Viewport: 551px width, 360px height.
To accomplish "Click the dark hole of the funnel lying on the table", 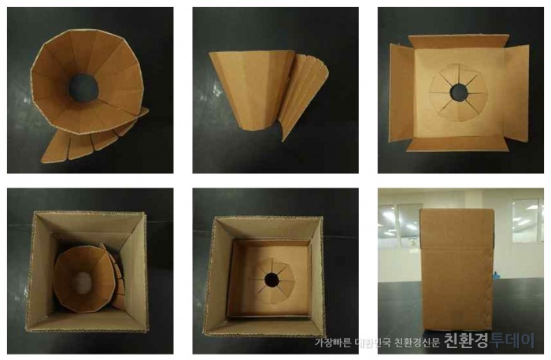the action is (x=83, y=87).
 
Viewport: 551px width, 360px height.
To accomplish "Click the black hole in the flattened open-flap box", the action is (x=459, y=92).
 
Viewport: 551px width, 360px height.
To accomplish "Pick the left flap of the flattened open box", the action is (x=401, y=94).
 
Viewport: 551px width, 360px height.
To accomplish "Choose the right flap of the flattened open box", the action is (x=516, y=94).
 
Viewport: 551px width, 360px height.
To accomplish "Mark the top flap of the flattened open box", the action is (x=459, y=42).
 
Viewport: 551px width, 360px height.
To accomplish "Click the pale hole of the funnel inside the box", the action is (x=82, y=283).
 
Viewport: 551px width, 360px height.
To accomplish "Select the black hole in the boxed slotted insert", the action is (x=272, y=280).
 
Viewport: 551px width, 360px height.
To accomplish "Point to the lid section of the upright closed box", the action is (x=456, y=228).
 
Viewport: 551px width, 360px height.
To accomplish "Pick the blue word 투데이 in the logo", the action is (x=512, y=340).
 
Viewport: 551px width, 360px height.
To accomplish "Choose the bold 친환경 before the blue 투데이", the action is (x=466, y=340).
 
